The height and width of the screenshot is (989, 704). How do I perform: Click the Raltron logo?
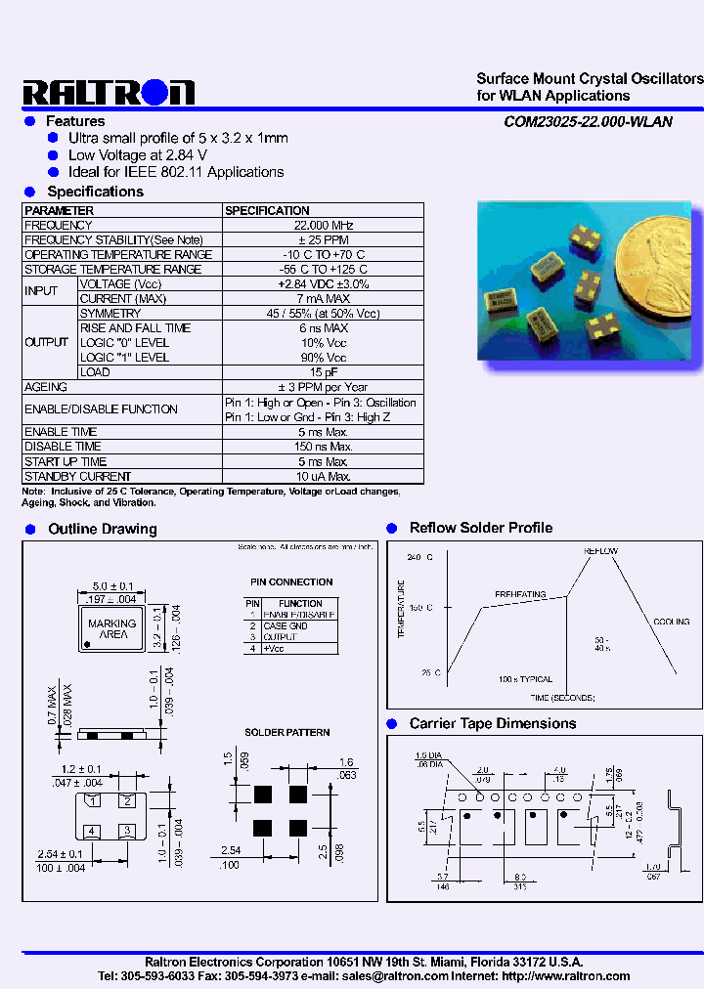109,92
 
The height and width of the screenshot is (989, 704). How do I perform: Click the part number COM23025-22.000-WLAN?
588,122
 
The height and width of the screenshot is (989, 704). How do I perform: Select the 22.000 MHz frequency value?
324,225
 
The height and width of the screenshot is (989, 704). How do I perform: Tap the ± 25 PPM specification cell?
324,239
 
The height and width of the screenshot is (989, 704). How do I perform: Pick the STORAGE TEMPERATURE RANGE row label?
112,269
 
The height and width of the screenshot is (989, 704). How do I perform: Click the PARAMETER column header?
60,210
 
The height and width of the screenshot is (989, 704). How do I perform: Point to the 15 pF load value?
324,372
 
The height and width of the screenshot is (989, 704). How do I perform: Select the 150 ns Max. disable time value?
324,447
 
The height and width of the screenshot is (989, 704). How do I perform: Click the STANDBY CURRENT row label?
77,476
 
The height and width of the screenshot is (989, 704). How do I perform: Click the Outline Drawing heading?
102,529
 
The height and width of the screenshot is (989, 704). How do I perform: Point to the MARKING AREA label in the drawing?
112,628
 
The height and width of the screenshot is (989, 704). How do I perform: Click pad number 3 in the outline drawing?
126,831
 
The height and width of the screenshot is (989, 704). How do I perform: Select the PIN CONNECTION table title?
290,581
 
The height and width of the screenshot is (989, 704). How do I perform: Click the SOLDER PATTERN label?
286,732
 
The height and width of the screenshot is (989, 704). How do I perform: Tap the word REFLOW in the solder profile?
600,551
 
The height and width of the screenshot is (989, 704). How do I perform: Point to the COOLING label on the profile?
671,621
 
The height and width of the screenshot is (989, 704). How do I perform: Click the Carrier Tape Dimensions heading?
492,723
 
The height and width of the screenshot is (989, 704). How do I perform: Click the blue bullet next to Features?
29,121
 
